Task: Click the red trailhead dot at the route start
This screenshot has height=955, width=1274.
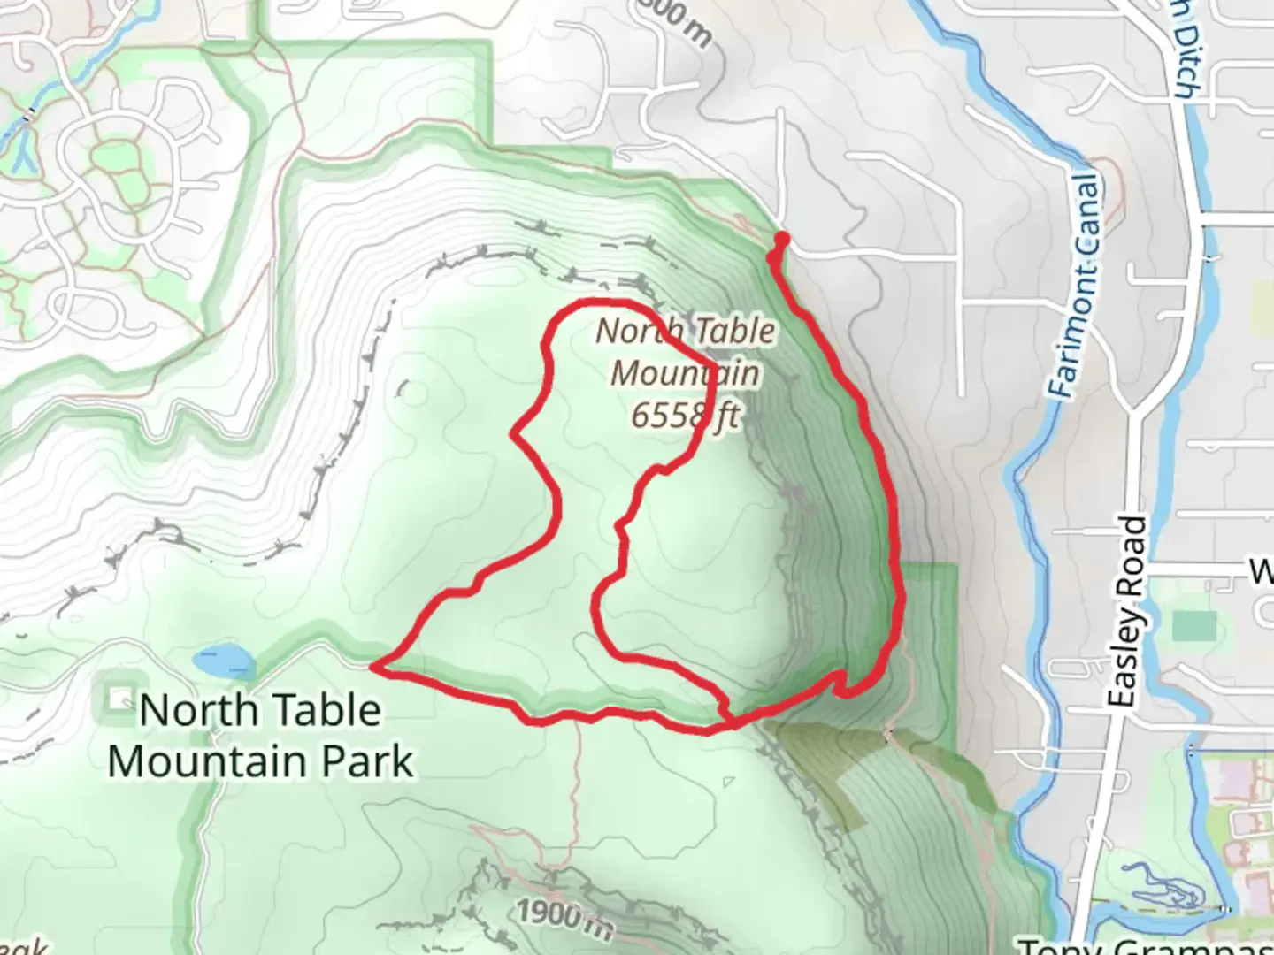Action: point(781,239)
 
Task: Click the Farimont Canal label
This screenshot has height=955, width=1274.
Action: point(1078,285)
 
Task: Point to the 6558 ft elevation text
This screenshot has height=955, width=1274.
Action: point(684,414)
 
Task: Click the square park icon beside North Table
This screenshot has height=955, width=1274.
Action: point(117,699)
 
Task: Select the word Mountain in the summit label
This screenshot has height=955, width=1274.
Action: point(685,373)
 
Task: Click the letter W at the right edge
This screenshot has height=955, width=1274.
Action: point(1262,573)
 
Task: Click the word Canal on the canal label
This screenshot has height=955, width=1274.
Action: point(1087,221)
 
